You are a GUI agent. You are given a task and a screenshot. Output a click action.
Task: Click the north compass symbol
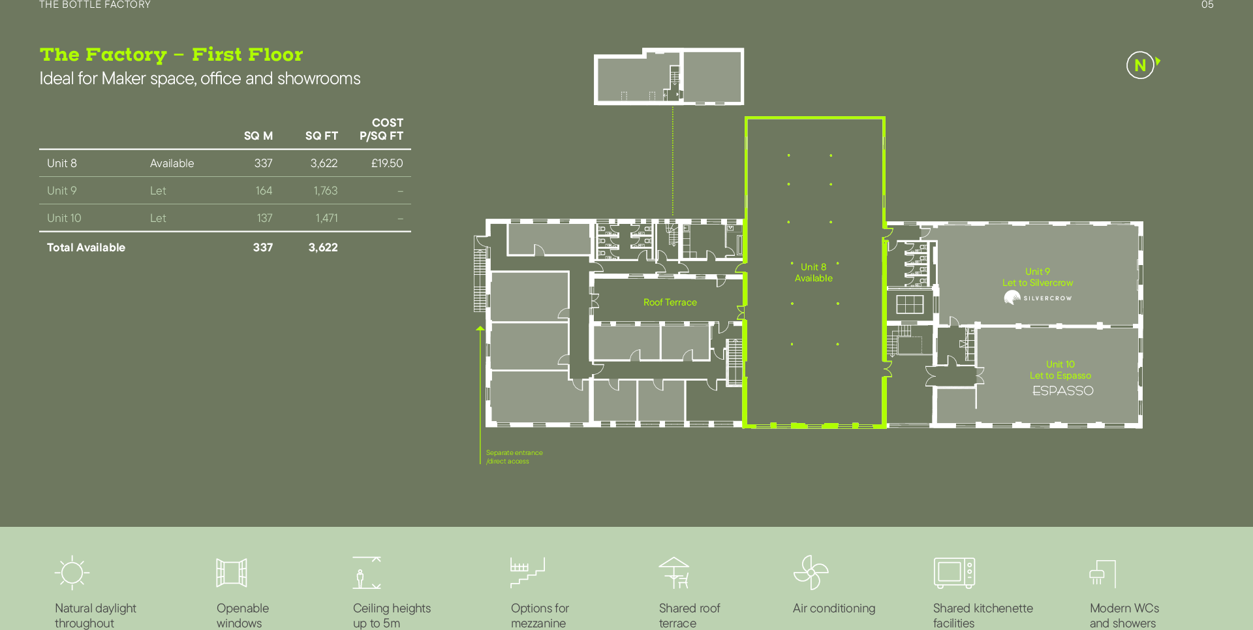[1141, 65]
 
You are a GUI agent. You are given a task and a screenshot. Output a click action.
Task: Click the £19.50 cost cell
[387, 163]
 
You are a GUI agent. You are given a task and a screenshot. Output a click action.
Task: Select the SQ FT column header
[322, 136]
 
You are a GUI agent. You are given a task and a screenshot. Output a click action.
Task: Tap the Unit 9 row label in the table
[62, 191]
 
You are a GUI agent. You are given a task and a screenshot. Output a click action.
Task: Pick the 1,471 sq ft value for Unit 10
[326, 218]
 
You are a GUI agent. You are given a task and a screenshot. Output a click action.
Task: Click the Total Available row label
[86, 247]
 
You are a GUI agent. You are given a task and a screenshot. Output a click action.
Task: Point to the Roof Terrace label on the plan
[670, 302]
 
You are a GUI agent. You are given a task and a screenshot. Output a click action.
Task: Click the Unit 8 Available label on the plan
[814, 272]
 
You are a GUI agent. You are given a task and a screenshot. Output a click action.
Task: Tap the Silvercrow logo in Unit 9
[1038, 298]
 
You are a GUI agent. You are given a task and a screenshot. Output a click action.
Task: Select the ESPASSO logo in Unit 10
[1063, 390]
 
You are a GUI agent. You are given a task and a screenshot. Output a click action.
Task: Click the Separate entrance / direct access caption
[514, 457]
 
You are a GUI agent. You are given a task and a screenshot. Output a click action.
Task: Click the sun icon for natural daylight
[72, 573]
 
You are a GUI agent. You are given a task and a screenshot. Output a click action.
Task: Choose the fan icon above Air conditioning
[811, 573]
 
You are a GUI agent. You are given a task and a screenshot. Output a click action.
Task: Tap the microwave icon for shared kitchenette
[954, 573]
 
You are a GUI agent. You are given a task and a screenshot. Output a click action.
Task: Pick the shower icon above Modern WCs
[1103, 574]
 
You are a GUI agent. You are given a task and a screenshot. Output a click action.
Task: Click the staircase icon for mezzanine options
[527, 573]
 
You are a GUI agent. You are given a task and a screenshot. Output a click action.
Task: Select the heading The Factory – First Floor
[172, 55]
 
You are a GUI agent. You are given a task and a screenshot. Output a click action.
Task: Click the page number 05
[1207, 5]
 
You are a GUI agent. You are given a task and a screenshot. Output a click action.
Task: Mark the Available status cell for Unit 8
[172, 163]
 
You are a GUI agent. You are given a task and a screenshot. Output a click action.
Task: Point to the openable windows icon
[232, 573]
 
